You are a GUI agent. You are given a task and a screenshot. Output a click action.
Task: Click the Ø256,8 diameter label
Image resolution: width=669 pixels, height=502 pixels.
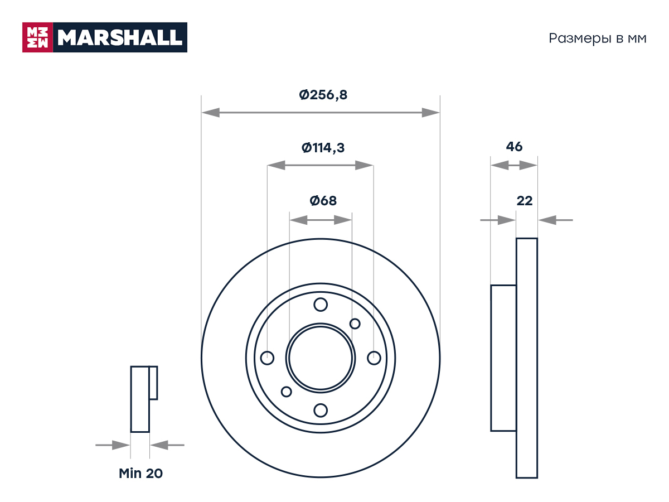point(323,95)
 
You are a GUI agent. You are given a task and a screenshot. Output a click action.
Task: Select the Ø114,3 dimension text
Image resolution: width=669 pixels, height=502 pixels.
point(323,148)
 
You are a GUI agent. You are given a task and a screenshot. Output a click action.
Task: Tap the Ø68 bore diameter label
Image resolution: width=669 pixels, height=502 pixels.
point(323,201)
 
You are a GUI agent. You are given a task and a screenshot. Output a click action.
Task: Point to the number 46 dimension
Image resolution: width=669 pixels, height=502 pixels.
point(514,147)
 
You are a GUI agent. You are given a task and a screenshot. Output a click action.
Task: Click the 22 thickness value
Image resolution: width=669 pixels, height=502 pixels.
point(524,201)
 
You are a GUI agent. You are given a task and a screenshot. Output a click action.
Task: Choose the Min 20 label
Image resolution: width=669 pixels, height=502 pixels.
point(140,474)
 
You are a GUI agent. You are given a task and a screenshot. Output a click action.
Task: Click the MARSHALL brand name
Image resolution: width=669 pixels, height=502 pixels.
point(120,37)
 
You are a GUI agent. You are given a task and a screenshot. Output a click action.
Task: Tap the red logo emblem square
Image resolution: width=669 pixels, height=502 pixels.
point(37,37)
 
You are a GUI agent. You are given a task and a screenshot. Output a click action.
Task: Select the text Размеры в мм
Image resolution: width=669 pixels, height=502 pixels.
point(598,38)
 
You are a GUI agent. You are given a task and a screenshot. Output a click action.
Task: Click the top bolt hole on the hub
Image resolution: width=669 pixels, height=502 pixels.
point(321,305)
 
